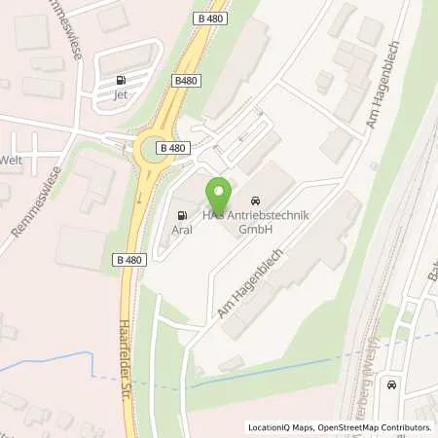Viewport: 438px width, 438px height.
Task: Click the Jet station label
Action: (120, 95)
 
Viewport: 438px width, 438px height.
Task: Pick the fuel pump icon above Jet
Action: (121, 80)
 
